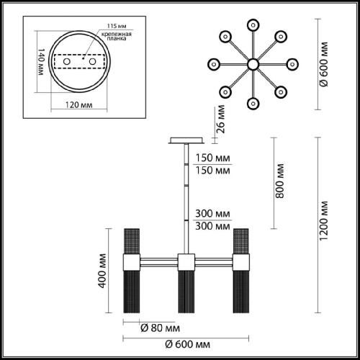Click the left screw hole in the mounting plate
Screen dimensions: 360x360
(68, 63)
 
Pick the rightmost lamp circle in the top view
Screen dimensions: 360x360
(293, 64)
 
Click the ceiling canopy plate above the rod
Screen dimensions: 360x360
(186, 141)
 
